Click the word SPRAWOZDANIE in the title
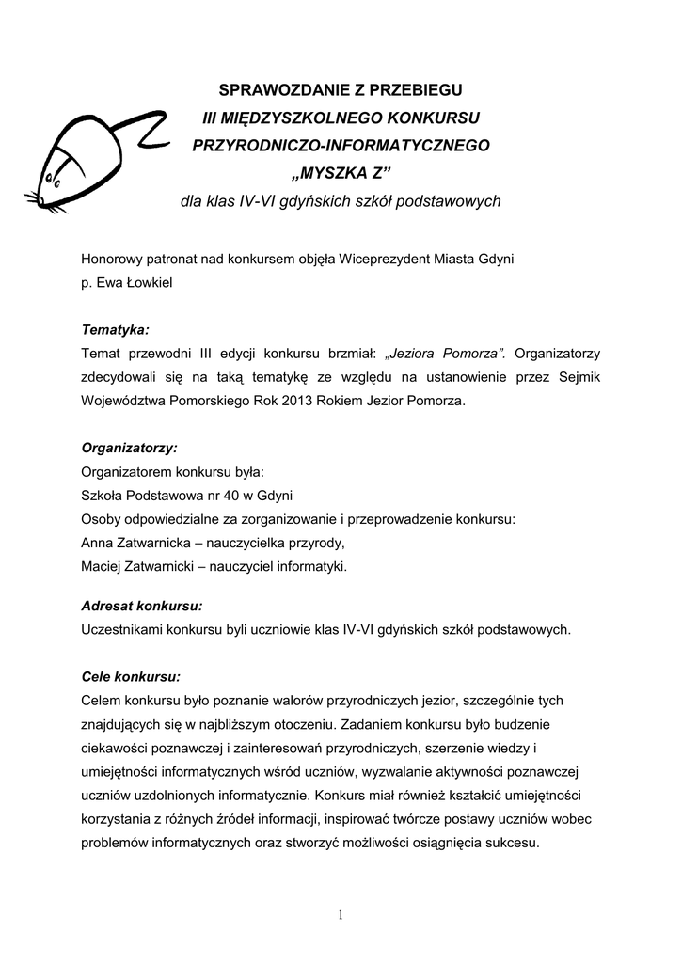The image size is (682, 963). pyautogui.click(x=276, y=90)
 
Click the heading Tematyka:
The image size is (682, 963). pyautogui.click(x=116, y=330)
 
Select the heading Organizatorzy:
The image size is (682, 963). pyautogui.click(x=129, y=447)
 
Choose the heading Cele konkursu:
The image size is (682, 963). pyautogui.click(x=131, y=676)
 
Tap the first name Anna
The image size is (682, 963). pyautogui.click(x=98, y=543)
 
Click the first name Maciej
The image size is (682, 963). pyautogui.click(x=103, y=566)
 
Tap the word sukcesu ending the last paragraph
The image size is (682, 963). pyautogui.click(x=509, y=843)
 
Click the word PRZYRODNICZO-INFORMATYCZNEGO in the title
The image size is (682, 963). pyautogui.click(x=341, y=146)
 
